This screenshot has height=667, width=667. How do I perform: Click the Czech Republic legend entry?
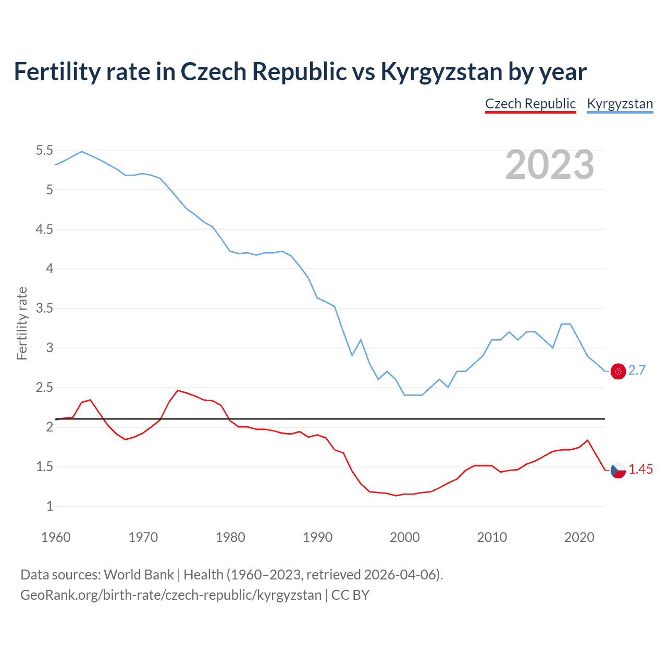pyautogui.click(x=530, y=104)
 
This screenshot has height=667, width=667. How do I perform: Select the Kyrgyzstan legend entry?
pyautogui.click(x=620, y=104)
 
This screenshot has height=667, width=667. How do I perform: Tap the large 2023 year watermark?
pyautogui.click(x=549, y=165)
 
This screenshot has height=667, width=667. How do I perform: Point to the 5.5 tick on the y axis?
pyautogui.click(x=44, y=151)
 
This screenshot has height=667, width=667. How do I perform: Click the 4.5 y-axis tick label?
pyautogui.click(x=44, y=230)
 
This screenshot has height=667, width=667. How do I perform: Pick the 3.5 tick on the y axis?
pyautogui.click(x=44, y=308)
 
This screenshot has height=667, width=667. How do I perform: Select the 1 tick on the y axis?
pyautogui.click(x=50, y=506)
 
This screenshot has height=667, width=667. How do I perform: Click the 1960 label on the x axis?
pyautogui.click(x=56, y=537)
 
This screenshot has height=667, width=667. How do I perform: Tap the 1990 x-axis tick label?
pyautogui.click(x=317, y=537)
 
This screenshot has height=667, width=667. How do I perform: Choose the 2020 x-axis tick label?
pyautogui.click(x=579, y=537)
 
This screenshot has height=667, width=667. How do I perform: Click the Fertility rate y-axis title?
pyautogui.click(x=22, y=323)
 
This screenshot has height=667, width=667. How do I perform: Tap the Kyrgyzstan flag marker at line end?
pyautogui.click(x=618, y=371)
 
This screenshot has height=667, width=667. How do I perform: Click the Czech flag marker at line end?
pyautogui.click(x=618, y=470)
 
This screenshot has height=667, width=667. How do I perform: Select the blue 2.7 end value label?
pyautogui.click(x=637, y=370)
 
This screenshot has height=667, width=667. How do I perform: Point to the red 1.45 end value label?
pyautogui.click(x=640, y=469)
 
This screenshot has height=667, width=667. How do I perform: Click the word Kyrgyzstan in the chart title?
pyautogui.click(x=441, y=71)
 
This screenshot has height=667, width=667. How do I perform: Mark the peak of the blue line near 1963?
pyautogui.click(x=82, y=152)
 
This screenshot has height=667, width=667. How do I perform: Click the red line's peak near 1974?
pyautogui.click(x=178, y=390)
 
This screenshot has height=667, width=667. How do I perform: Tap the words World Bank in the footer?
pyautogui.click(x=139, y=574)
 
